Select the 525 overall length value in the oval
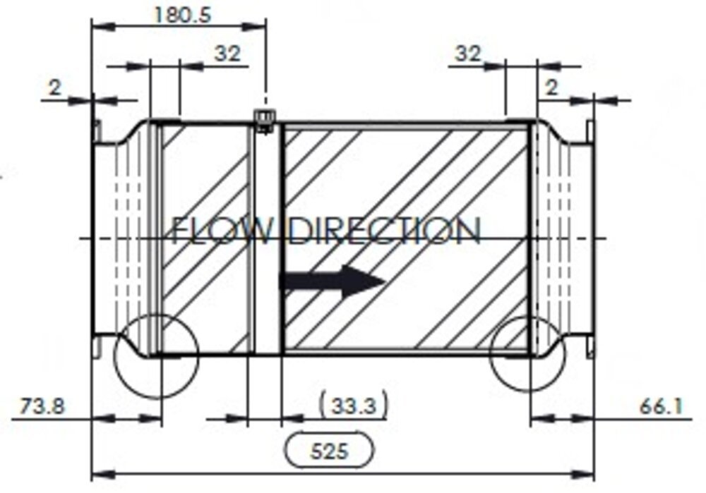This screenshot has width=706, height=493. click(x=330, y=450)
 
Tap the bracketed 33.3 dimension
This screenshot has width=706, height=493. click(x=353, y=406)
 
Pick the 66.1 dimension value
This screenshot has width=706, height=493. click(x=661, y=406)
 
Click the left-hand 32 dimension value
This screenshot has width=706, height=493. click(x=227, y=53)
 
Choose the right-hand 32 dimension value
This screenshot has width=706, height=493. click(x=467, y=53)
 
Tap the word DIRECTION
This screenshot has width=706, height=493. click(x=385, y=231)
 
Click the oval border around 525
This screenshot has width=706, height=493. click(x=287, y=450)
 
